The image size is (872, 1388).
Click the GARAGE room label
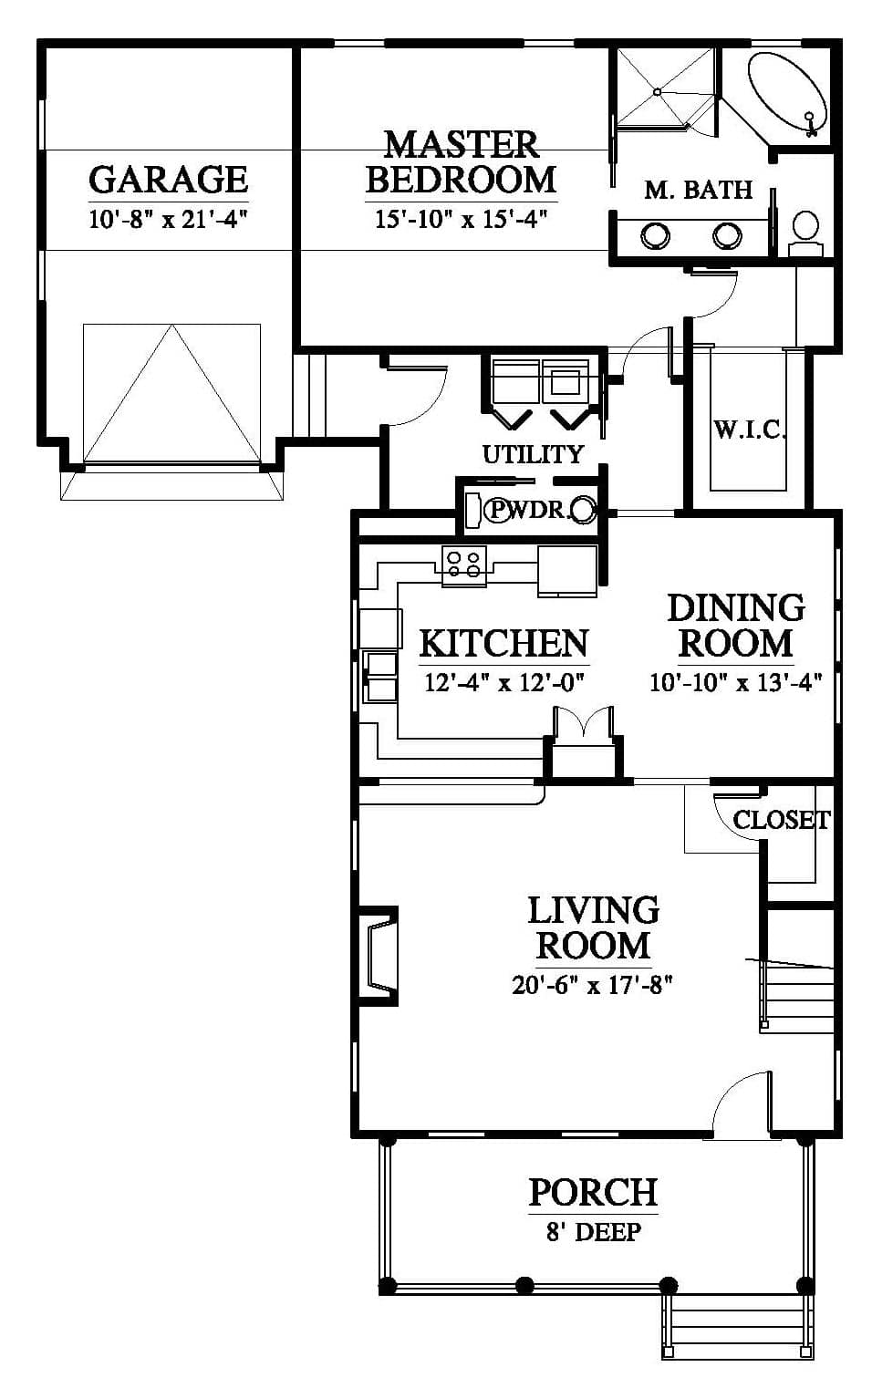tap(169, 180)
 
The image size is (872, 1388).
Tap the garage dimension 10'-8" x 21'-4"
tap(169, 220)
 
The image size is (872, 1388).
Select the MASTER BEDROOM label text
tap(462, 161)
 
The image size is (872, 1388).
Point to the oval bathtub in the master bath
tap(788, 92)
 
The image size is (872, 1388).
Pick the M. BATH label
tap(699, 191)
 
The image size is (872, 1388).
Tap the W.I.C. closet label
tap(750, 430)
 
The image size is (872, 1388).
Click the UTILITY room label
tap(533, 455)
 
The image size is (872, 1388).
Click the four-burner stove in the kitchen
tap(464, 565)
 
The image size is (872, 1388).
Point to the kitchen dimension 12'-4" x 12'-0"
tap(504, 683)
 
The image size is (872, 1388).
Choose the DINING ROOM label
tap(736, 626)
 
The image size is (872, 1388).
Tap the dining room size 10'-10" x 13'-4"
tap(736, 683)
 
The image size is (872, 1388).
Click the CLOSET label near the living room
tap(781, 821)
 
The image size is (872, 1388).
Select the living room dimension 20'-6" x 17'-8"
tap(593, 985)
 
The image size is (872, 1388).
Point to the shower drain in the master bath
tap(658, 92)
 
